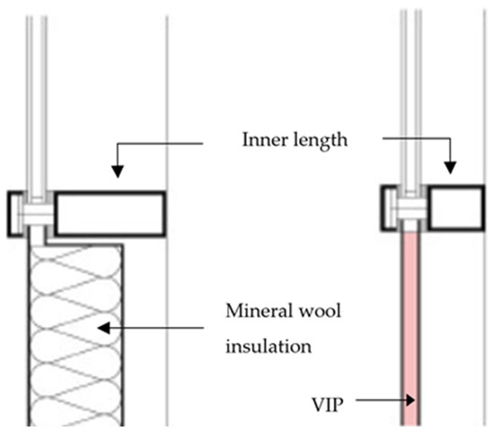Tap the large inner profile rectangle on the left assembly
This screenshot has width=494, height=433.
pos(109,214)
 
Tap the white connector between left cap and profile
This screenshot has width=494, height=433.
pos(36,216)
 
